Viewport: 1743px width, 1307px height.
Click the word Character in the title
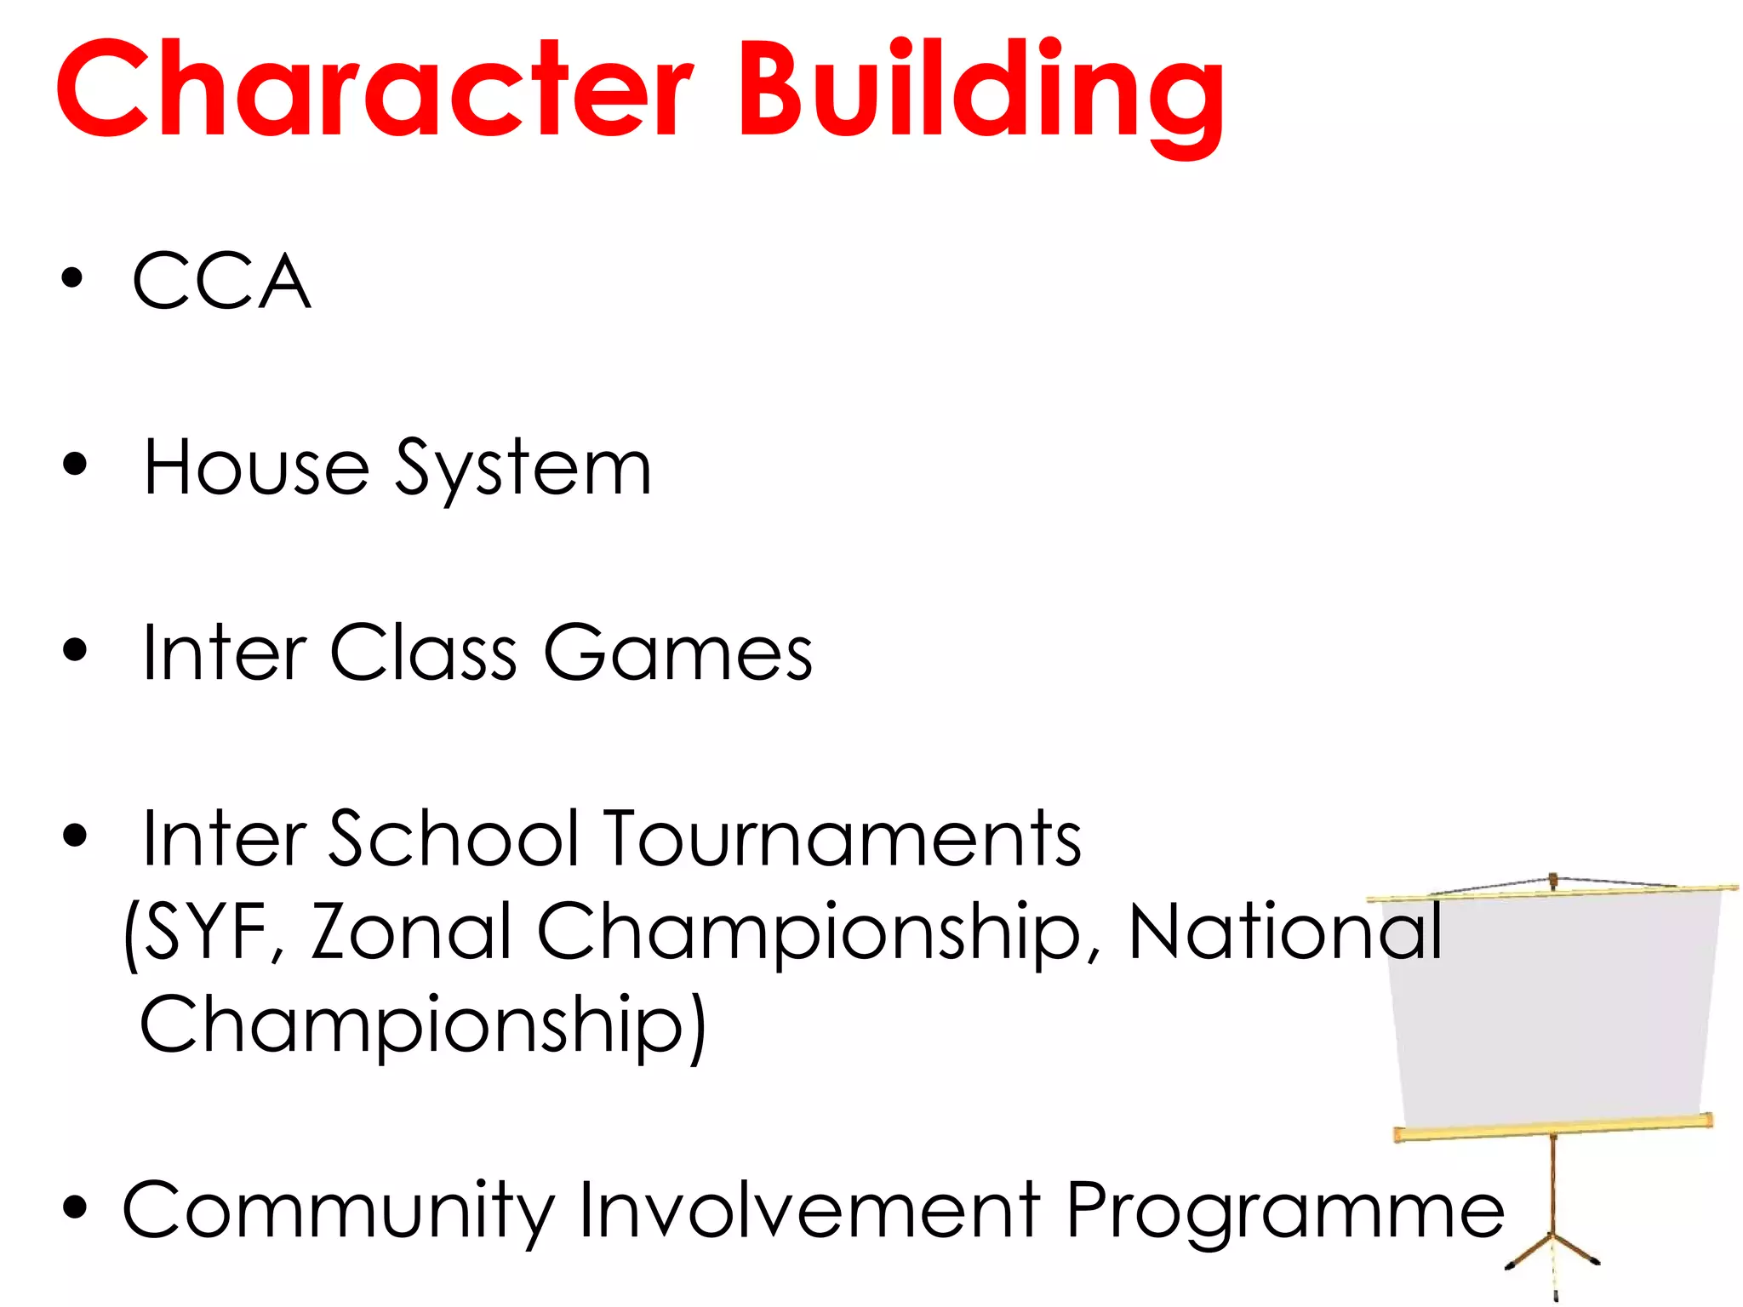pyautogui.click(x=374, y=89)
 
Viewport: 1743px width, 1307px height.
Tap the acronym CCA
pyautogui.click(x=221, y=281)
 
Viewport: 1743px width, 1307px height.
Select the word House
pyautogui.click(x=256, y=468)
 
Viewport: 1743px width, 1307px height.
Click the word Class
pyautogui.click(x=423, y=653)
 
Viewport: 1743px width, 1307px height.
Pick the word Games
pyautogui.click(x=678, y=653)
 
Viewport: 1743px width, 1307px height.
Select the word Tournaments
pyautogui.click(x=843, y=839)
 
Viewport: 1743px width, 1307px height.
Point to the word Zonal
pyautogui.click(x=410, y=933)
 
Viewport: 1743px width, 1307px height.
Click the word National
pyautogui.click(x=1285, y=933)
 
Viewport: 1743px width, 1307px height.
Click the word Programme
pyautogui.click(x=1285, y=1213)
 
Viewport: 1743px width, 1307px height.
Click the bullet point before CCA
pyautogui.click(x=73, y=278)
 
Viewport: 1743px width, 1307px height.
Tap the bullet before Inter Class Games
pyautogui.click(x=75, y=650)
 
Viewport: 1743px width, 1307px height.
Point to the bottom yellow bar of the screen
pyautogui.click(x=1553, y=1127)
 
